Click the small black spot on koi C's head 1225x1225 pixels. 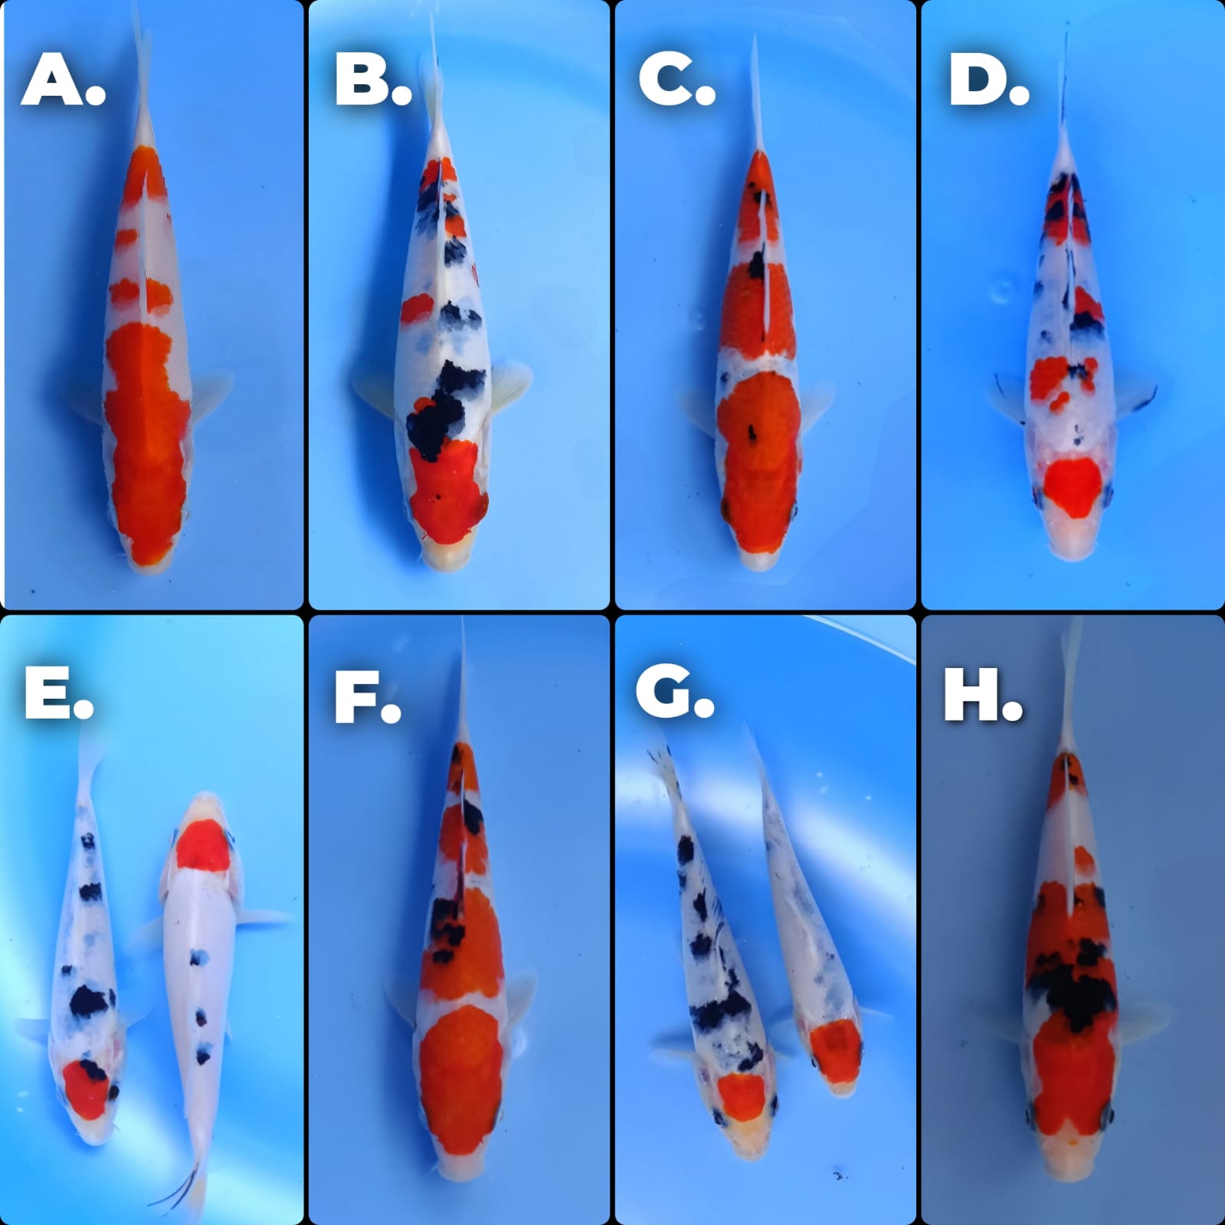pos(752,434)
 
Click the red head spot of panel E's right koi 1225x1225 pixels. pos(202,844)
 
